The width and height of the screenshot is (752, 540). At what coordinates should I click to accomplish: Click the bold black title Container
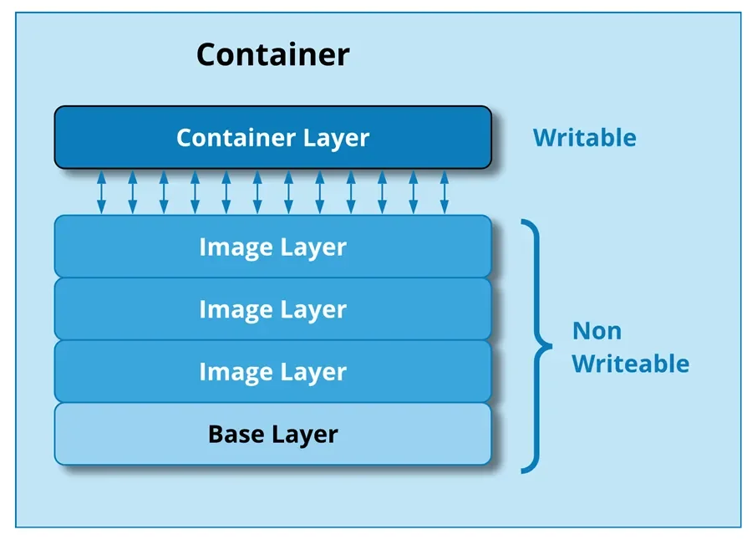(x=272, y=55)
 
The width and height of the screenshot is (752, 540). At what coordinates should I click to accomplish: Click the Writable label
(x=584, y=138)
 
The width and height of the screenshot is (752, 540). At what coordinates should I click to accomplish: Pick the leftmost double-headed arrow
(x=101, y=192)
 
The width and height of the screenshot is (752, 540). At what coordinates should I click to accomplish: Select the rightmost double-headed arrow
(x=444, y=192)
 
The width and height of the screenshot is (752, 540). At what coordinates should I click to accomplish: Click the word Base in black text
(x=233, y=435)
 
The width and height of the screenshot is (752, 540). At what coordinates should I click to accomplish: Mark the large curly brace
(x=537, y=344)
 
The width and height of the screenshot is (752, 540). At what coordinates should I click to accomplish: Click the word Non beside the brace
(x=597, y=331)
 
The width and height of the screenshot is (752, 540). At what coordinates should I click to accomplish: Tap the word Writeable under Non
(x=630, y=364)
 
